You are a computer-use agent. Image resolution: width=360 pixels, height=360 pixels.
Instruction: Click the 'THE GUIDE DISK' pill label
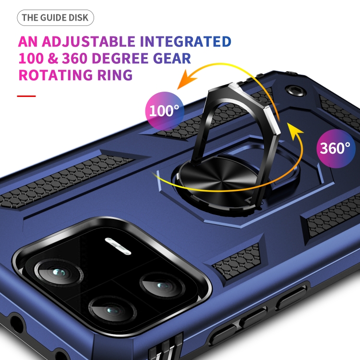55,18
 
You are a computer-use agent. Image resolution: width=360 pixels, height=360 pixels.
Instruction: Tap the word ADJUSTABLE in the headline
88,42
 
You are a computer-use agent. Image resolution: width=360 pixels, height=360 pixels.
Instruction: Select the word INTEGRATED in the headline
185,41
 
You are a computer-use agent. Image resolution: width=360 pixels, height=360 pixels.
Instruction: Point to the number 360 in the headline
74,58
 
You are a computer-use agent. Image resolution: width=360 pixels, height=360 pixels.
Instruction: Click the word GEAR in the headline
172,58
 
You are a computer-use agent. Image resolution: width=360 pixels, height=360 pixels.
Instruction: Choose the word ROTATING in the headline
56,75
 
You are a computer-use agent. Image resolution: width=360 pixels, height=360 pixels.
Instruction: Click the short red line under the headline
26,96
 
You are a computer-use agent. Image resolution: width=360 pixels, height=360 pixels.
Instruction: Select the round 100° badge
165,111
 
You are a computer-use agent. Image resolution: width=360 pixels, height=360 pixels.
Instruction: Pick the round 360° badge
336,148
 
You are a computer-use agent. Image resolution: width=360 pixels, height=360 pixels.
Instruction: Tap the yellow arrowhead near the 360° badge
295,131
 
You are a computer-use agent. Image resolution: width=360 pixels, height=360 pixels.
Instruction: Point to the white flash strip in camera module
118,246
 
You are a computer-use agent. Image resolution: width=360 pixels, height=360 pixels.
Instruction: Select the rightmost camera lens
162,286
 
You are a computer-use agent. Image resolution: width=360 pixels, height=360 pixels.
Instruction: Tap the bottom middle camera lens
112,310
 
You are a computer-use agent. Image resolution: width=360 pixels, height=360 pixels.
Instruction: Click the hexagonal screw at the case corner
296,91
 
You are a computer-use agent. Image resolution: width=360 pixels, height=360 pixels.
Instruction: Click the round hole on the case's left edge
16,324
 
